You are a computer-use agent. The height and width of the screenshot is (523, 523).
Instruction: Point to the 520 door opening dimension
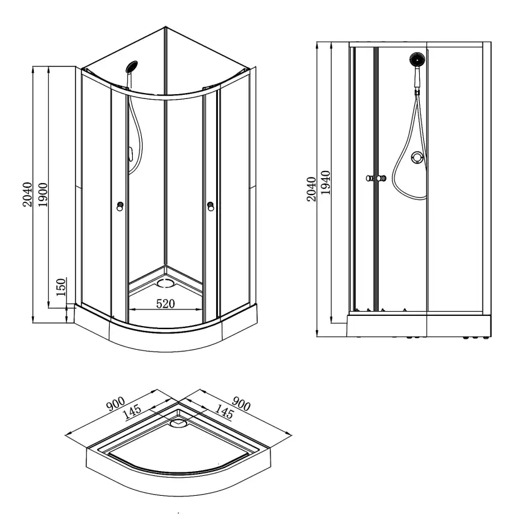pyautogui.click(x=166, y=304)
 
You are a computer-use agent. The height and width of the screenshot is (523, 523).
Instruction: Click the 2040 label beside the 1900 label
pyautogui.click(x=27, y=193)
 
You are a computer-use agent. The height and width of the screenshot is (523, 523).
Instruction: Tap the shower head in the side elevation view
pyautogui.click(x=416, y=60)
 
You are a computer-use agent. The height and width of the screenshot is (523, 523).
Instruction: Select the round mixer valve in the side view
pyautogui.click(x=416, y=158)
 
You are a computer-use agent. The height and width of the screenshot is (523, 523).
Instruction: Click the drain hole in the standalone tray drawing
pyautogui.click(x=179, y=423)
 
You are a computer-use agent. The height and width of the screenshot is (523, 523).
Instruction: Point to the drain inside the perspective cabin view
pyautogui.click(x=164, y=281)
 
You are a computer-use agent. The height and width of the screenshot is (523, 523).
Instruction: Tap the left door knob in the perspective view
pyautogui.click(x=121, y=207)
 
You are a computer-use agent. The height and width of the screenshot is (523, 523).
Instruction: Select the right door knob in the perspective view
pyautogui.click(x=211, y=207)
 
